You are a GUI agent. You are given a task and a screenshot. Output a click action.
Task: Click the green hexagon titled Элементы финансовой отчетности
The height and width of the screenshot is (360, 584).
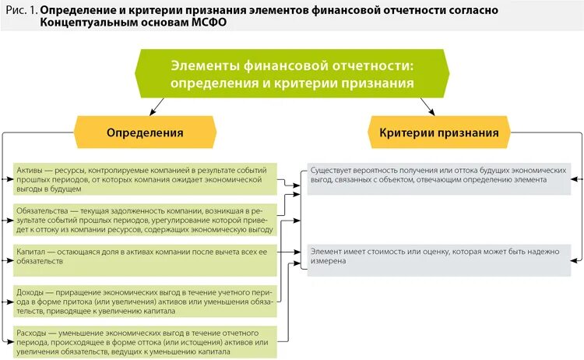[291, 72]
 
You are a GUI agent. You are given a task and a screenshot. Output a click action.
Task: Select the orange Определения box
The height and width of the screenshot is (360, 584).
[145, 132]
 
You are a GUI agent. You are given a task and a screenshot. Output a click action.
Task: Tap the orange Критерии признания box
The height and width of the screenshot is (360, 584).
[438, 132]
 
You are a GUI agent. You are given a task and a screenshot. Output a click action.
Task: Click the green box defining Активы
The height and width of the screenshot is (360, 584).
[146, 178]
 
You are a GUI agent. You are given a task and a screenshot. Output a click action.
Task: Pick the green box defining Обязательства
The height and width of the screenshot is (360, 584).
[146, 220]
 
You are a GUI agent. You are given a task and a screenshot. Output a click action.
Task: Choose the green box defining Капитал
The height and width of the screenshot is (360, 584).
[146, 256]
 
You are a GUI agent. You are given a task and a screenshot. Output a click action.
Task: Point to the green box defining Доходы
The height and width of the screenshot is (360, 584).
[146, 300]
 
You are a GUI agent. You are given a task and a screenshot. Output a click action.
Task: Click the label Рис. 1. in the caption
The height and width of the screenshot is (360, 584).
[19, 9]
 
